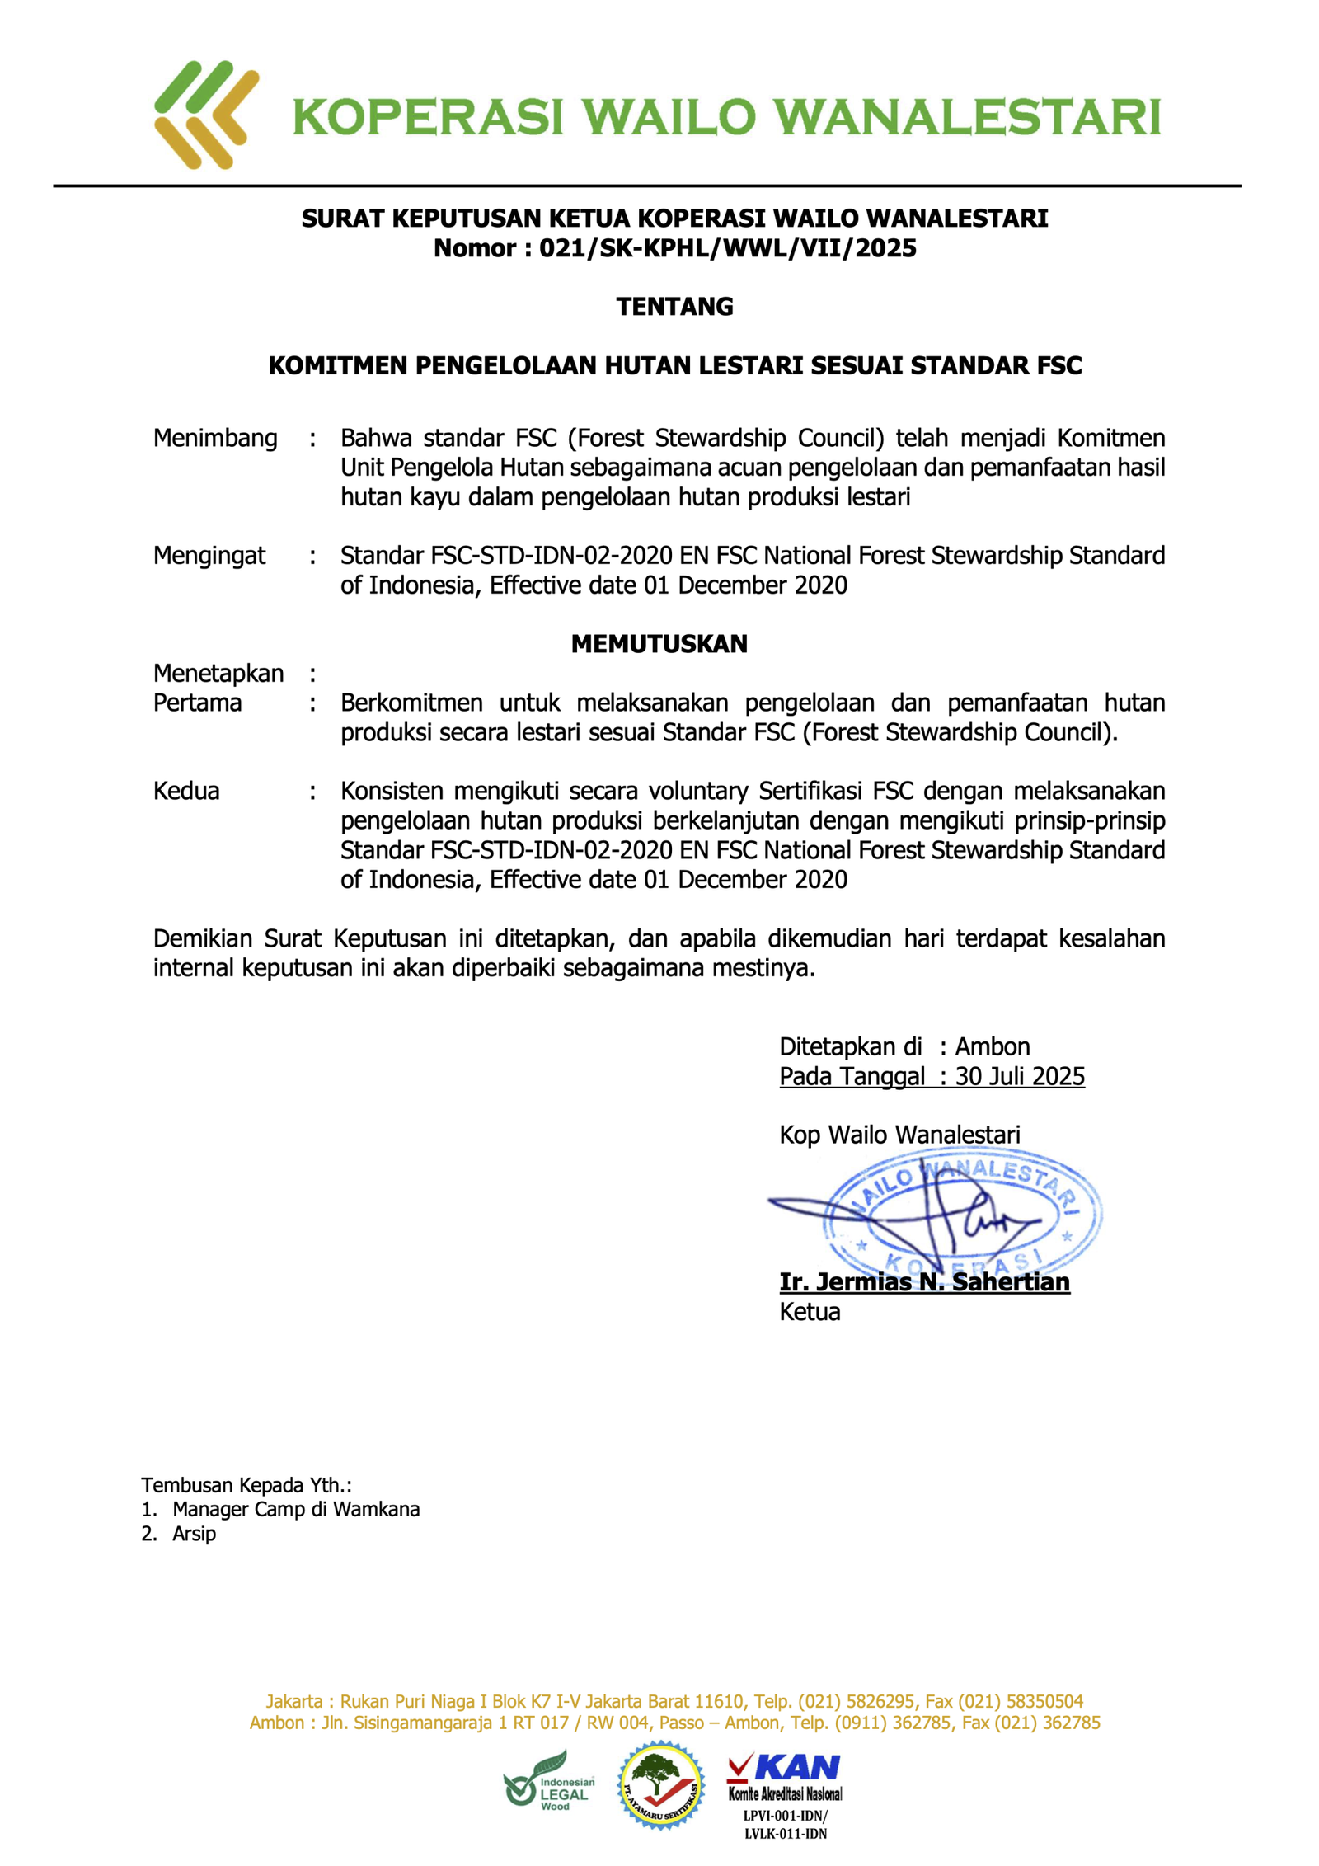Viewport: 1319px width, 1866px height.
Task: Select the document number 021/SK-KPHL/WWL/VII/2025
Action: click(727, 248)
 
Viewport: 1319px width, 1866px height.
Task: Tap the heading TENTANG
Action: click(674, 307)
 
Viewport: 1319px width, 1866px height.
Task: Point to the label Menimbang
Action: click(215, 438)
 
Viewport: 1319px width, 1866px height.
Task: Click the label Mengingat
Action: click(209, 556)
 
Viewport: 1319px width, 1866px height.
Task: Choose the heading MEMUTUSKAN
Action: click(659, 644)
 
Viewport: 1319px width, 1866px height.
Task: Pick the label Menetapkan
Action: click(218, 674)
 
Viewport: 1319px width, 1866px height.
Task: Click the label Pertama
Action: click(198, 703)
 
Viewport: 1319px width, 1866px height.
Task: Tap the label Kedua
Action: click(186, 792)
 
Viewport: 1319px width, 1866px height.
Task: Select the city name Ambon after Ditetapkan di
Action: click(992, 1047)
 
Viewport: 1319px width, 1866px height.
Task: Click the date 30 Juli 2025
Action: click(1020, 1077)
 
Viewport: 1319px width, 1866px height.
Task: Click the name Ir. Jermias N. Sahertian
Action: click(924, 1282)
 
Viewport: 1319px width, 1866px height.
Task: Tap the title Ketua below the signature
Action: click(810, 1312)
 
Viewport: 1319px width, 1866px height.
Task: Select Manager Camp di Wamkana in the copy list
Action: click(296, 1510)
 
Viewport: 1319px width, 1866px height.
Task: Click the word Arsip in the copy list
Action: click(195, 1534)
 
